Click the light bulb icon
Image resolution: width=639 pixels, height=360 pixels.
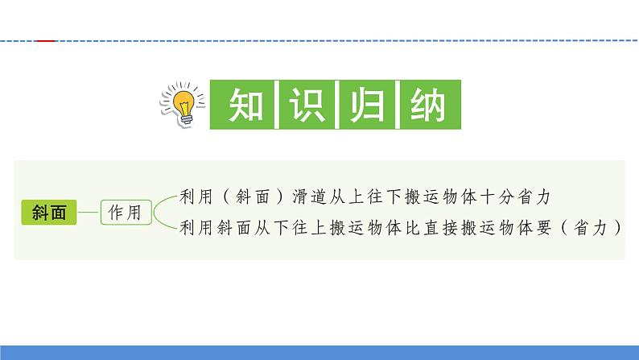182,103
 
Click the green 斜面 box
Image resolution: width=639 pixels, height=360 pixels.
48,213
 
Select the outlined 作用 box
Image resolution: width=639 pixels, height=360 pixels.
124,213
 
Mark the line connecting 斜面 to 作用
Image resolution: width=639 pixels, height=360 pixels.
88,213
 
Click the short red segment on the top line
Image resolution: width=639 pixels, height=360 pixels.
47,39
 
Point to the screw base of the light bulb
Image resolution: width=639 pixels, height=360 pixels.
188,118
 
